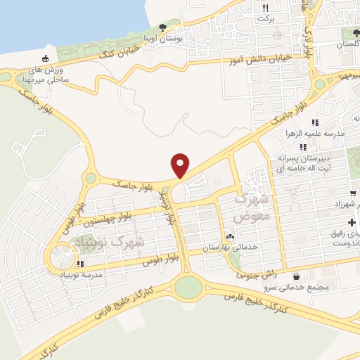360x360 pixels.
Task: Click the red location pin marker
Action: [181, 165]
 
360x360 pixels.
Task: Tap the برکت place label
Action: [264, 19]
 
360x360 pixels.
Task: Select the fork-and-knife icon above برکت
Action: [265, 8]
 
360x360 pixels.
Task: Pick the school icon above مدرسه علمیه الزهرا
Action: [314, 122]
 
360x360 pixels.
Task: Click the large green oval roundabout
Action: [188, 287]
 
